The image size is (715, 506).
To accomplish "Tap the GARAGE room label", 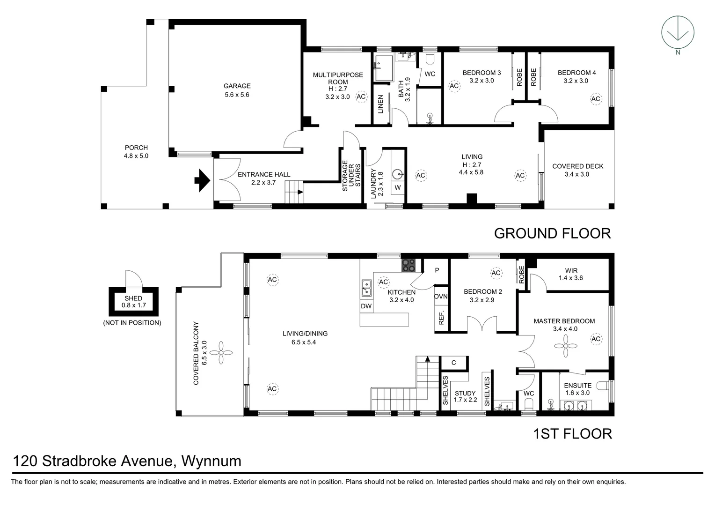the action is click(x=237, y=86).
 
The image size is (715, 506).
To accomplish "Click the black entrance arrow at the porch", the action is click(x=202, y=180).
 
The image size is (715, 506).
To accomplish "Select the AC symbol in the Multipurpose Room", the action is click(x=361, y=97).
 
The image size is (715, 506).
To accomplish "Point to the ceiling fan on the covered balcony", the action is click(x=221, y=353).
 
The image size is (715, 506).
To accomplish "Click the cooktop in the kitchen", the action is click(x=409, y=265).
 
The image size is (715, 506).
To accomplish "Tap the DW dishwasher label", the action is click(x=366, y=306).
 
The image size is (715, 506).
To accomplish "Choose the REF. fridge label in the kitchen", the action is click(x=441, y=318).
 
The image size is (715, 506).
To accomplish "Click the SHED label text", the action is click(x=133, y=298).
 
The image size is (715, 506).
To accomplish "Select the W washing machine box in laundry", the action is click(x=398, y=187).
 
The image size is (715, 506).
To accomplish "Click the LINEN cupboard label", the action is click(x=380, y=104).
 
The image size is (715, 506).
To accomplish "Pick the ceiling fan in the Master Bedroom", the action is click(x=566, y=346).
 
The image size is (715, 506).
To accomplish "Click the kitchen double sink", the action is click(x=366, y=288).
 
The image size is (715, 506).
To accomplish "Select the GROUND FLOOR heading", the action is click(x=552, y=234).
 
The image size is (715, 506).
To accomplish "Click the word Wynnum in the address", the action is click(x=212, y=461).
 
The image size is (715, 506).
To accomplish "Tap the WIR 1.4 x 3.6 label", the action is click(x=571, y=274).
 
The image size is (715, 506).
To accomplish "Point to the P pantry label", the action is click(x=437, y=270).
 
